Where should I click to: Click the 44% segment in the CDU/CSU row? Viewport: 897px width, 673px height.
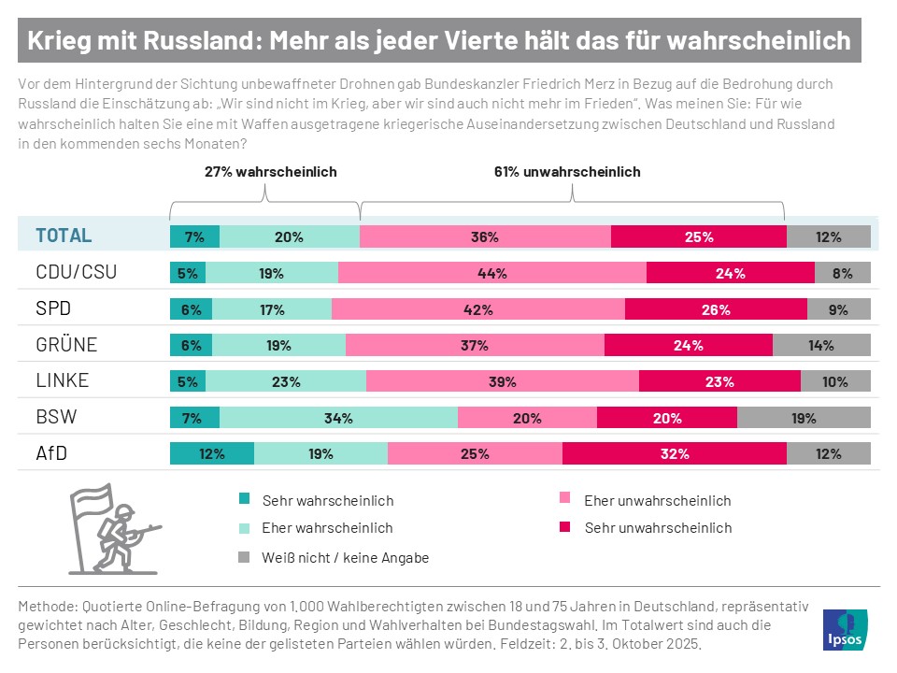click(492, 273)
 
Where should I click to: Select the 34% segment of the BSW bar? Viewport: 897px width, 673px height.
click(338, 418)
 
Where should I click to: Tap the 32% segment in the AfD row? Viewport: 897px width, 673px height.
click(675, 454)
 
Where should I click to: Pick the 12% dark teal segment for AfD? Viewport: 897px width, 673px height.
click(211, 454)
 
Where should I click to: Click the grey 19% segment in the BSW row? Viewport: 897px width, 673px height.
click(804, 418)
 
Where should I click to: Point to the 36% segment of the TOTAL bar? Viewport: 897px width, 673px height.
click(485, 236)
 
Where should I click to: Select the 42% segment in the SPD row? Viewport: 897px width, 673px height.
click(477, 309)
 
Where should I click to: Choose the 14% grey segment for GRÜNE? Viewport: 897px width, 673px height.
click(821, 345)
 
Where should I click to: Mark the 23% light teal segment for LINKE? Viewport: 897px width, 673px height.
click(286, 381)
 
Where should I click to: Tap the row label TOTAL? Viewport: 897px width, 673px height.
click(64, 236)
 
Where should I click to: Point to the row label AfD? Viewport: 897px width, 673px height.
click(50, 454)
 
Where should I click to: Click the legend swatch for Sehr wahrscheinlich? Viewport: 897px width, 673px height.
click(244, 500)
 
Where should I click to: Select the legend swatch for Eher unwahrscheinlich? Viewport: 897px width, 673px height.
click(563, 500)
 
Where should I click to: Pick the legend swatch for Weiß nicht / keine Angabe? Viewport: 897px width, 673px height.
click(244, 557)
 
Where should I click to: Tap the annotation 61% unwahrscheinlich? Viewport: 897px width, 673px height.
click(567, 172)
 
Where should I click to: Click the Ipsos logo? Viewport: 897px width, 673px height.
click(845, 629)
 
